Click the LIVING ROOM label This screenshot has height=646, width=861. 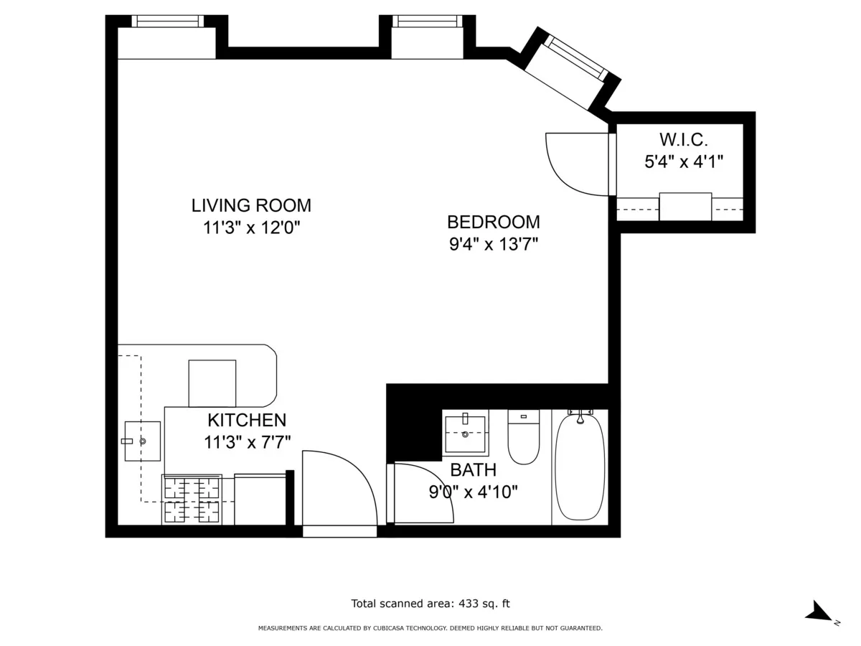251,205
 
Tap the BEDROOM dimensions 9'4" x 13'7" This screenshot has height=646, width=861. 493,244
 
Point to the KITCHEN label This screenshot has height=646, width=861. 247,420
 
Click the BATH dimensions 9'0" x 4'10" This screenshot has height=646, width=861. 473,492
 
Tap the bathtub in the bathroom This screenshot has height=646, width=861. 580,465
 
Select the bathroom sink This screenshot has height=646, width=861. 465,433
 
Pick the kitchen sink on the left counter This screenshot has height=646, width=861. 142,441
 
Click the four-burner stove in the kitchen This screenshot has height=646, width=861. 192,500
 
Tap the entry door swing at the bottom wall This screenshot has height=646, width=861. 337,492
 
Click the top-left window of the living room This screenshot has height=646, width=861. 167,22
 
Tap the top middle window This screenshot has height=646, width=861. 427,22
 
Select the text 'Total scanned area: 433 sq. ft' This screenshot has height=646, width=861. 430,604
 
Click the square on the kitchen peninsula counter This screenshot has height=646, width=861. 212,383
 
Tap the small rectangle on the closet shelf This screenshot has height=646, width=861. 685,207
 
